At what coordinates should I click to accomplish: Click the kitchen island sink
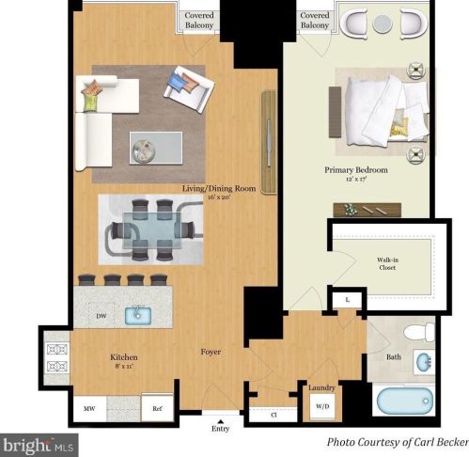138,316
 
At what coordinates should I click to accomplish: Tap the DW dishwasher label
102,316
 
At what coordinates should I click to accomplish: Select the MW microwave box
89,408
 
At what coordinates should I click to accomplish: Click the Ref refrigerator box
157,408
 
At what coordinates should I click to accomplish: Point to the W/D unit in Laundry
322,406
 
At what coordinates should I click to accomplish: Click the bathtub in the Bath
404,401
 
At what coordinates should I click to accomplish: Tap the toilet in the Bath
419,332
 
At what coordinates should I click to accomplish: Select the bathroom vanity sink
424,362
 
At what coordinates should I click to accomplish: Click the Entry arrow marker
221,421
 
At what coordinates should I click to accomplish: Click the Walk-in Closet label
387,263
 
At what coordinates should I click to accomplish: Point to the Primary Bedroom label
356,170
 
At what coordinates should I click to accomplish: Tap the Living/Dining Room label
219,188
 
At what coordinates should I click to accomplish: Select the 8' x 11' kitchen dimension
125,366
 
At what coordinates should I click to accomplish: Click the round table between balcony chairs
383,24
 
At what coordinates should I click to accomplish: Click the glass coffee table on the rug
156,148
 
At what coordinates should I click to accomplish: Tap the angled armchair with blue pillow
189,89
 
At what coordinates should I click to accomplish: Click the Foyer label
211,352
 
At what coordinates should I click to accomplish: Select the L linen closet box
347,300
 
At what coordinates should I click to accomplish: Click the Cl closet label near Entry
274,415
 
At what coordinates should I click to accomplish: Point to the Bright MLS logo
39,445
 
